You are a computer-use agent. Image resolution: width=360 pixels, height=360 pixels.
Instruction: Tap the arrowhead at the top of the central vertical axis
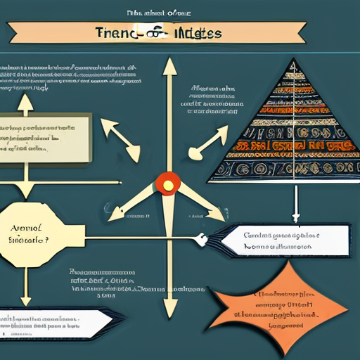pyautogui.click(x=169, y=67)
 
